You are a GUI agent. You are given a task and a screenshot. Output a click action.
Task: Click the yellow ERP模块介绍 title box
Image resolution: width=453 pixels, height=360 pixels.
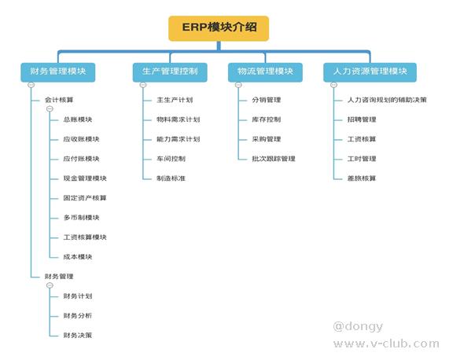pos(219,28)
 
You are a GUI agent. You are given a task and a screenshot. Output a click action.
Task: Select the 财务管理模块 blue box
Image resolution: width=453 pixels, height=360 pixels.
pos(57,72)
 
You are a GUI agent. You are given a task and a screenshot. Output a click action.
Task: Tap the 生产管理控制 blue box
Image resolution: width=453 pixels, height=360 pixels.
pos(170,72)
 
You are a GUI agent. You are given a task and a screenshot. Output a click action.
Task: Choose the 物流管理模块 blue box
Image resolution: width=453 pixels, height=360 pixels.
pos(265,72)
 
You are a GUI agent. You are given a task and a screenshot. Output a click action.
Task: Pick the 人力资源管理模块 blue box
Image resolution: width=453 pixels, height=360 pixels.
pos(370,72)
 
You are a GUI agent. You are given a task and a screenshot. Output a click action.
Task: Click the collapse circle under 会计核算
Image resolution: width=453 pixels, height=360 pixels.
pos(50,108)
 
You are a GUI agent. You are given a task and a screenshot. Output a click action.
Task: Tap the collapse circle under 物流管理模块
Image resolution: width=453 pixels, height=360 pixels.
pos(238,85)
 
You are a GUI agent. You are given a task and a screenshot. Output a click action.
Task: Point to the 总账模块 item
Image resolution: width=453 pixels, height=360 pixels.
pos(78,119)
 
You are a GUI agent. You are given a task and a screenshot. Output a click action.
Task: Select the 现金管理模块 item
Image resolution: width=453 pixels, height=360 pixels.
pos(85,178)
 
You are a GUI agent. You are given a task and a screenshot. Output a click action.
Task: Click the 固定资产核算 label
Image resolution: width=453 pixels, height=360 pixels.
pos(85,198)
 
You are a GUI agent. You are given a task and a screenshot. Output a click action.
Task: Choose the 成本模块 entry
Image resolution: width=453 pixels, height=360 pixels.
pos(78,257)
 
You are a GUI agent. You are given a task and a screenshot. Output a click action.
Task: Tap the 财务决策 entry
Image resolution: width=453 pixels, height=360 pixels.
pos(78,335)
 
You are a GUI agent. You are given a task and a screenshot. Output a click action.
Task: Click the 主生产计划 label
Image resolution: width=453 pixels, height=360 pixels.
pos(175,100)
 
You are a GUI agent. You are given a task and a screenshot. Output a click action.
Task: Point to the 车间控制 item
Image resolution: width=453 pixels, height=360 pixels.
pos(171,159)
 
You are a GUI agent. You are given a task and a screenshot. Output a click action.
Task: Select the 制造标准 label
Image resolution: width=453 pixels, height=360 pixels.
pos(171,178)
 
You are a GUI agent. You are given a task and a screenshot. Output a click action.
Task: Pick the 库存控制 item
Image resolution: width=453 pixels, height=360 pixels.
pos(267,119)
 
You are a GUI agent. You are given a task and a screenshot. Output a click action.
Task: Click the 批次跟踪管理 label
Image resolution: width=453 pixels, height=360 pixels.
pos(274,159)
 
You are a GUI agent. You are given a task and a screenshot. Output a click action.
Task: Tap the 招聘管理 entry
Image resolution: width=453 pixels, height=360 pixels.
pos(362,119)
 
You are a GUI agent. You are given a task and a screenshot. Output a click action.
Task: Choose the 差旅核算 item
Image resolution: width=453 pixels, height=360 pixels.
pos(362,178)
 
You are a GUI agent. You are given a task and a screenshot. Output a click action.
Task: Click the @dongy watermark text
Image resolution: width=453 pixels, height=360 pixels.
pos(359,327)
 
